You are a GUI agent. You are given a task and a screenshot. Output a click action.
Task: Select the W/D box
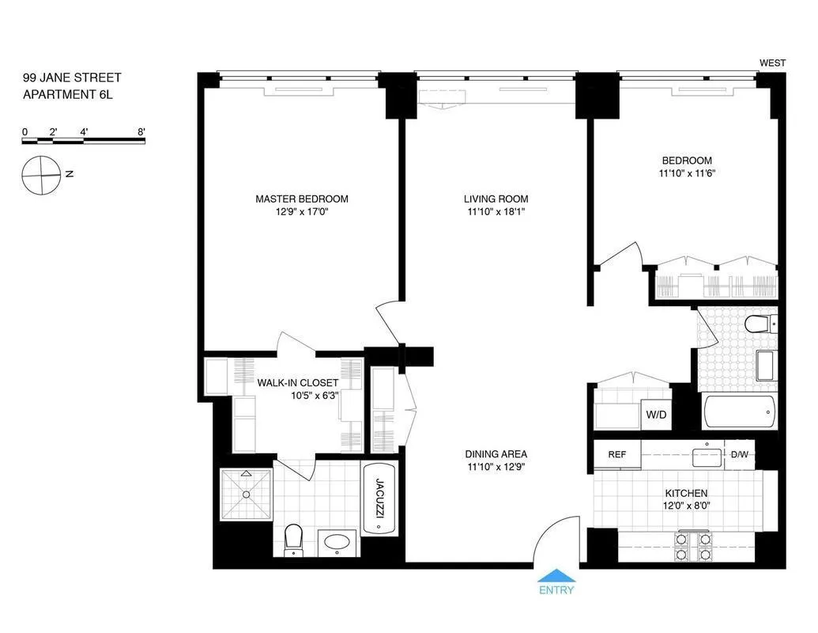[655, 414]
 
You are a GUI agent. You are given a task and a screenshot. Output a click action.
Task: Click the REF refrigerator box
[616, 455]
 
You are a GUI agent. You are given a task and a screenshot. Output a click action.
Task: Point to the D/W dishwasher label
[739, 455]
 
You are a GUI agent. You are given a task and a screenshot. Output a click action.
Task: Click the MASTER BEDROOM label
[301, 199]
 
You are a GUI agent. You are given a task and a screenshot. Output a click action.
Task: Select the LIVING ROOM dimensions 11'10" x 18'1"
[496, 212]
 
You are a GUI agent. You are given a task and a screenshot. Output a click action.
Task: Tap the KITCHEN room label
[685, 493]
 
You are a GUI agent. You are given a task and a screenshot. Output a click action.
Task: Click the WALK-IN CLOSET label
[298, 383]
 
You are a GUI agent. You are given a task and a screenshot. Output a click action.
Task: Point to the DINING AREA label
[496, 454]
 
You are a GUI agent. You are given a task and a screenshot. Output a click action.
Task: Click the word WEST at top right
[772, 63]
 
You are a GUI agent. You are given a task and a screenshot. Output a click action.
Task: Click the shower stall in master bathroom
[246, 494]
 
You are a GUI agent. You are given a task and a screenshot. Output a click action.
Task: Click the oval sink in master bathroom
[339, 544]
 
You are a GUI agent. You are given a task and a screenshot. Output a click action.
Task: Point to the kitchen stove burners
[692, 546]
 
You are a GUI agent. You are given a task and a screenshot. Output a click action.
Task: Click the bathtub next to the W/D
[740, 411]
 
